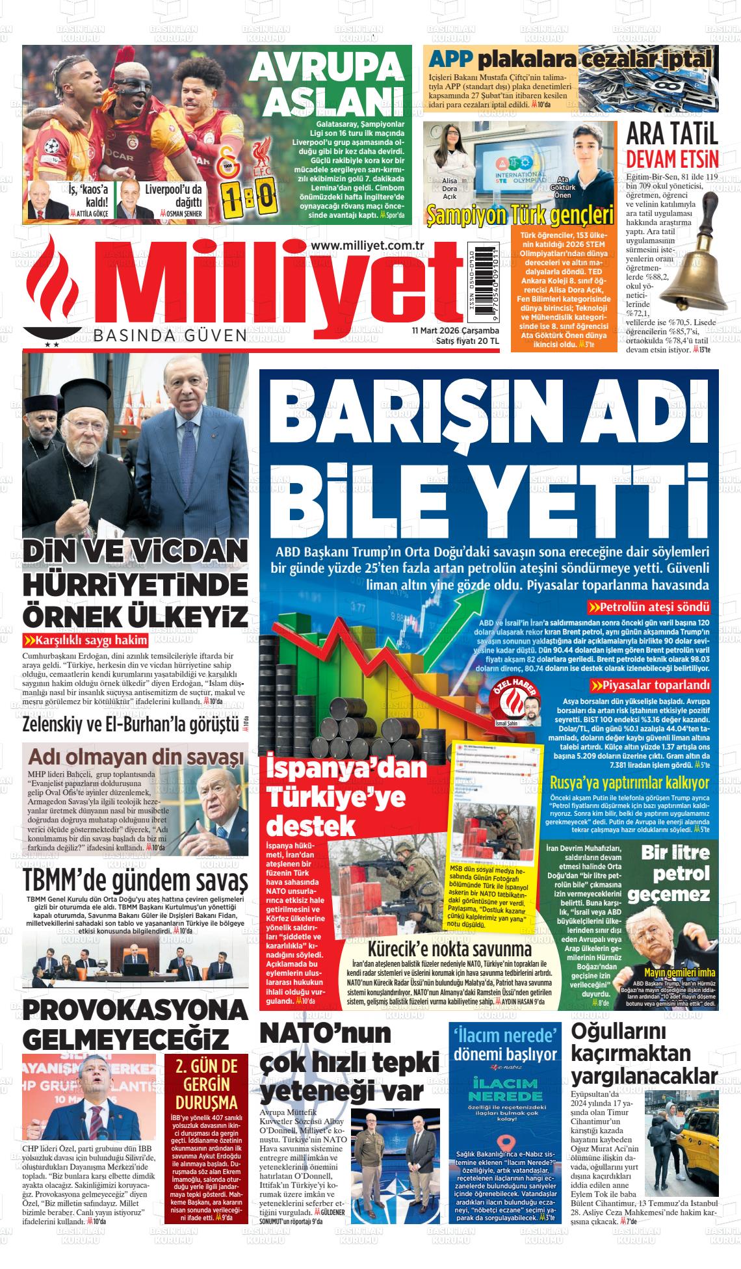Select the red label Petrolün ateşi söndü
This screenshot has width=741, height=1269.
(649, 608)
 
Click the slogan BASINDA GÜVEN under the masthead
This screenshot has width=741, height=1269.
(170, 336)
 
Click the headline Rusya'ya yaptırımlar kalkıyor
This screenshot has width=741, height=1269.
(629, 782)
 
